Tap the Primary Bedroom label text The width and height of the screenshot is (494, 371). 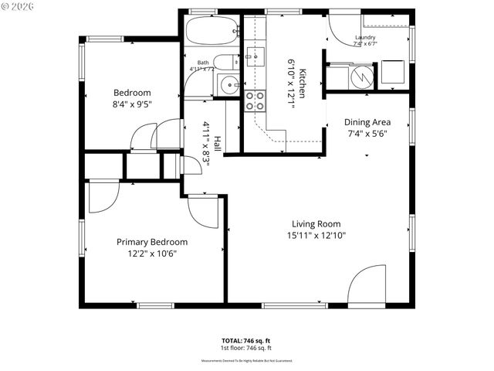click(x=152, y=242)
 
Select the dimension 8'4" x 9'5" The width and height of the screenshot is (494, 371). click(x=132, y=104)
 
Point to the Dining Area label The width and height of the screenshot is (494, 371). click(x=367, y=122)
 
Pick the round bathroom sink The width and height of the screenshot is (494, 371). click(x=228, y=85)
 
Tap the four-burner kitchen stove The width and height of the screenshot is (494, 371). click(x=255, y=100)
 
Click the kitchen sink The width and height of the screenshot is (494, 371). click(x=255, y=56)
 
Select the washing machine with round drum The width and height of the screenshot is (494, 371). click(x=360, y=77)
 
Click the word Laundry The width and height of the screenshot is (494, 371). click(x=365, y=37)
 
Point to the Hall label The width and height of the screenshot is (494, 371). click(x=218, y=144)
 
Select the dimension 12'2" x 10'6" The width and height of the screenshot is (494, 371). click(x=152, y=254)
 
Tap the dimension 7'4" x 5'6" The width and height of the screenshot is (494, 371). click(x=367, y=133)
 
